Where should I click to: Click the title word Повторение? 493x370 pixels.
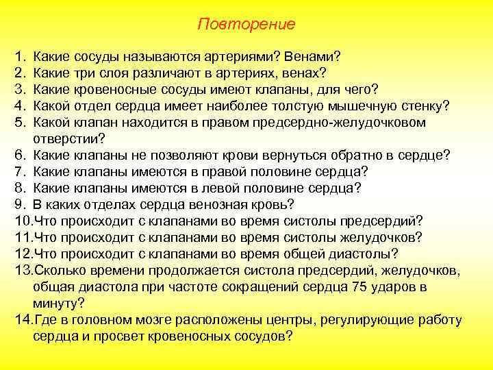tap(246, 25)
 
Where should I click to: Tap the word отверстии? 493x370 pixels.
tap(62, 138)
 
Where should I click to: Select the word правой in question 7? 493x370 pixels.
tap(236, 171)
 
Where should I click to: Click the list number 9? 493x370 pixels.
tap(18, 205)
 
